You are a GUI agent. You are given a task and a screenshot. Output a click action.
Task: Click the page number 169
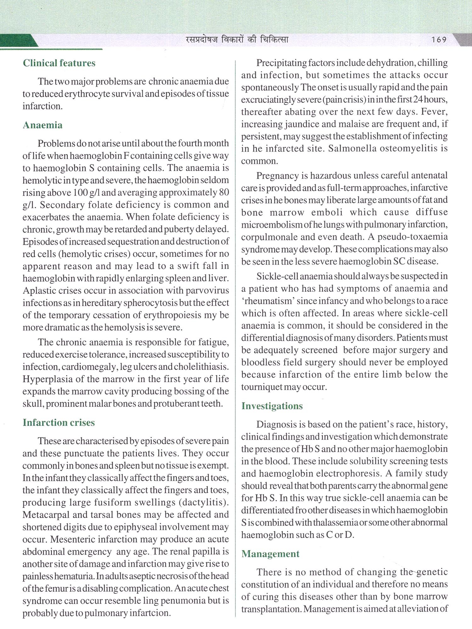pyautogui.click(x=439, y=40)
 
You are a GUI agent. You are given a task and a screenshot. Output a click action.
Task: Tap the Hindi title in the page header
pyautogui.click(x=237, y=40)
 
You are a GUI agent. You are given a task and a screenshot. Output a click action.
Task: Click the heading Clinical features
pyautogui.click(x=59, y=63)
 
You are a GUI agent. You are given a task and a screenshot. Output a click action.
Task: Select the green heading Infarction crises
pyautogui.click(x=59, y=422)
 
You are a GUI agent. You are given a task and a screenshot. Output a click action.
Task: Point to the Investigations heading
pyautogui.click(x=272, y=406)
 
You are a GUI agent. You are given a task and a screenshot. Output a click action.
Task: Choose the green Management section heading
pyautogui.click(x=270, y=554)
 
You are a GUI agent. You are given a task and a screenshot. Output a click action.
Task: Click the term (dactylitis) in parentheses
pyautogui.click(x=204, y=502)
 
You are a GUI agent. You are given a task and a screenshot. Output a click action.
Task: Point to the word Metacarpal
pyautogui.click(x=45, y=515)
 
